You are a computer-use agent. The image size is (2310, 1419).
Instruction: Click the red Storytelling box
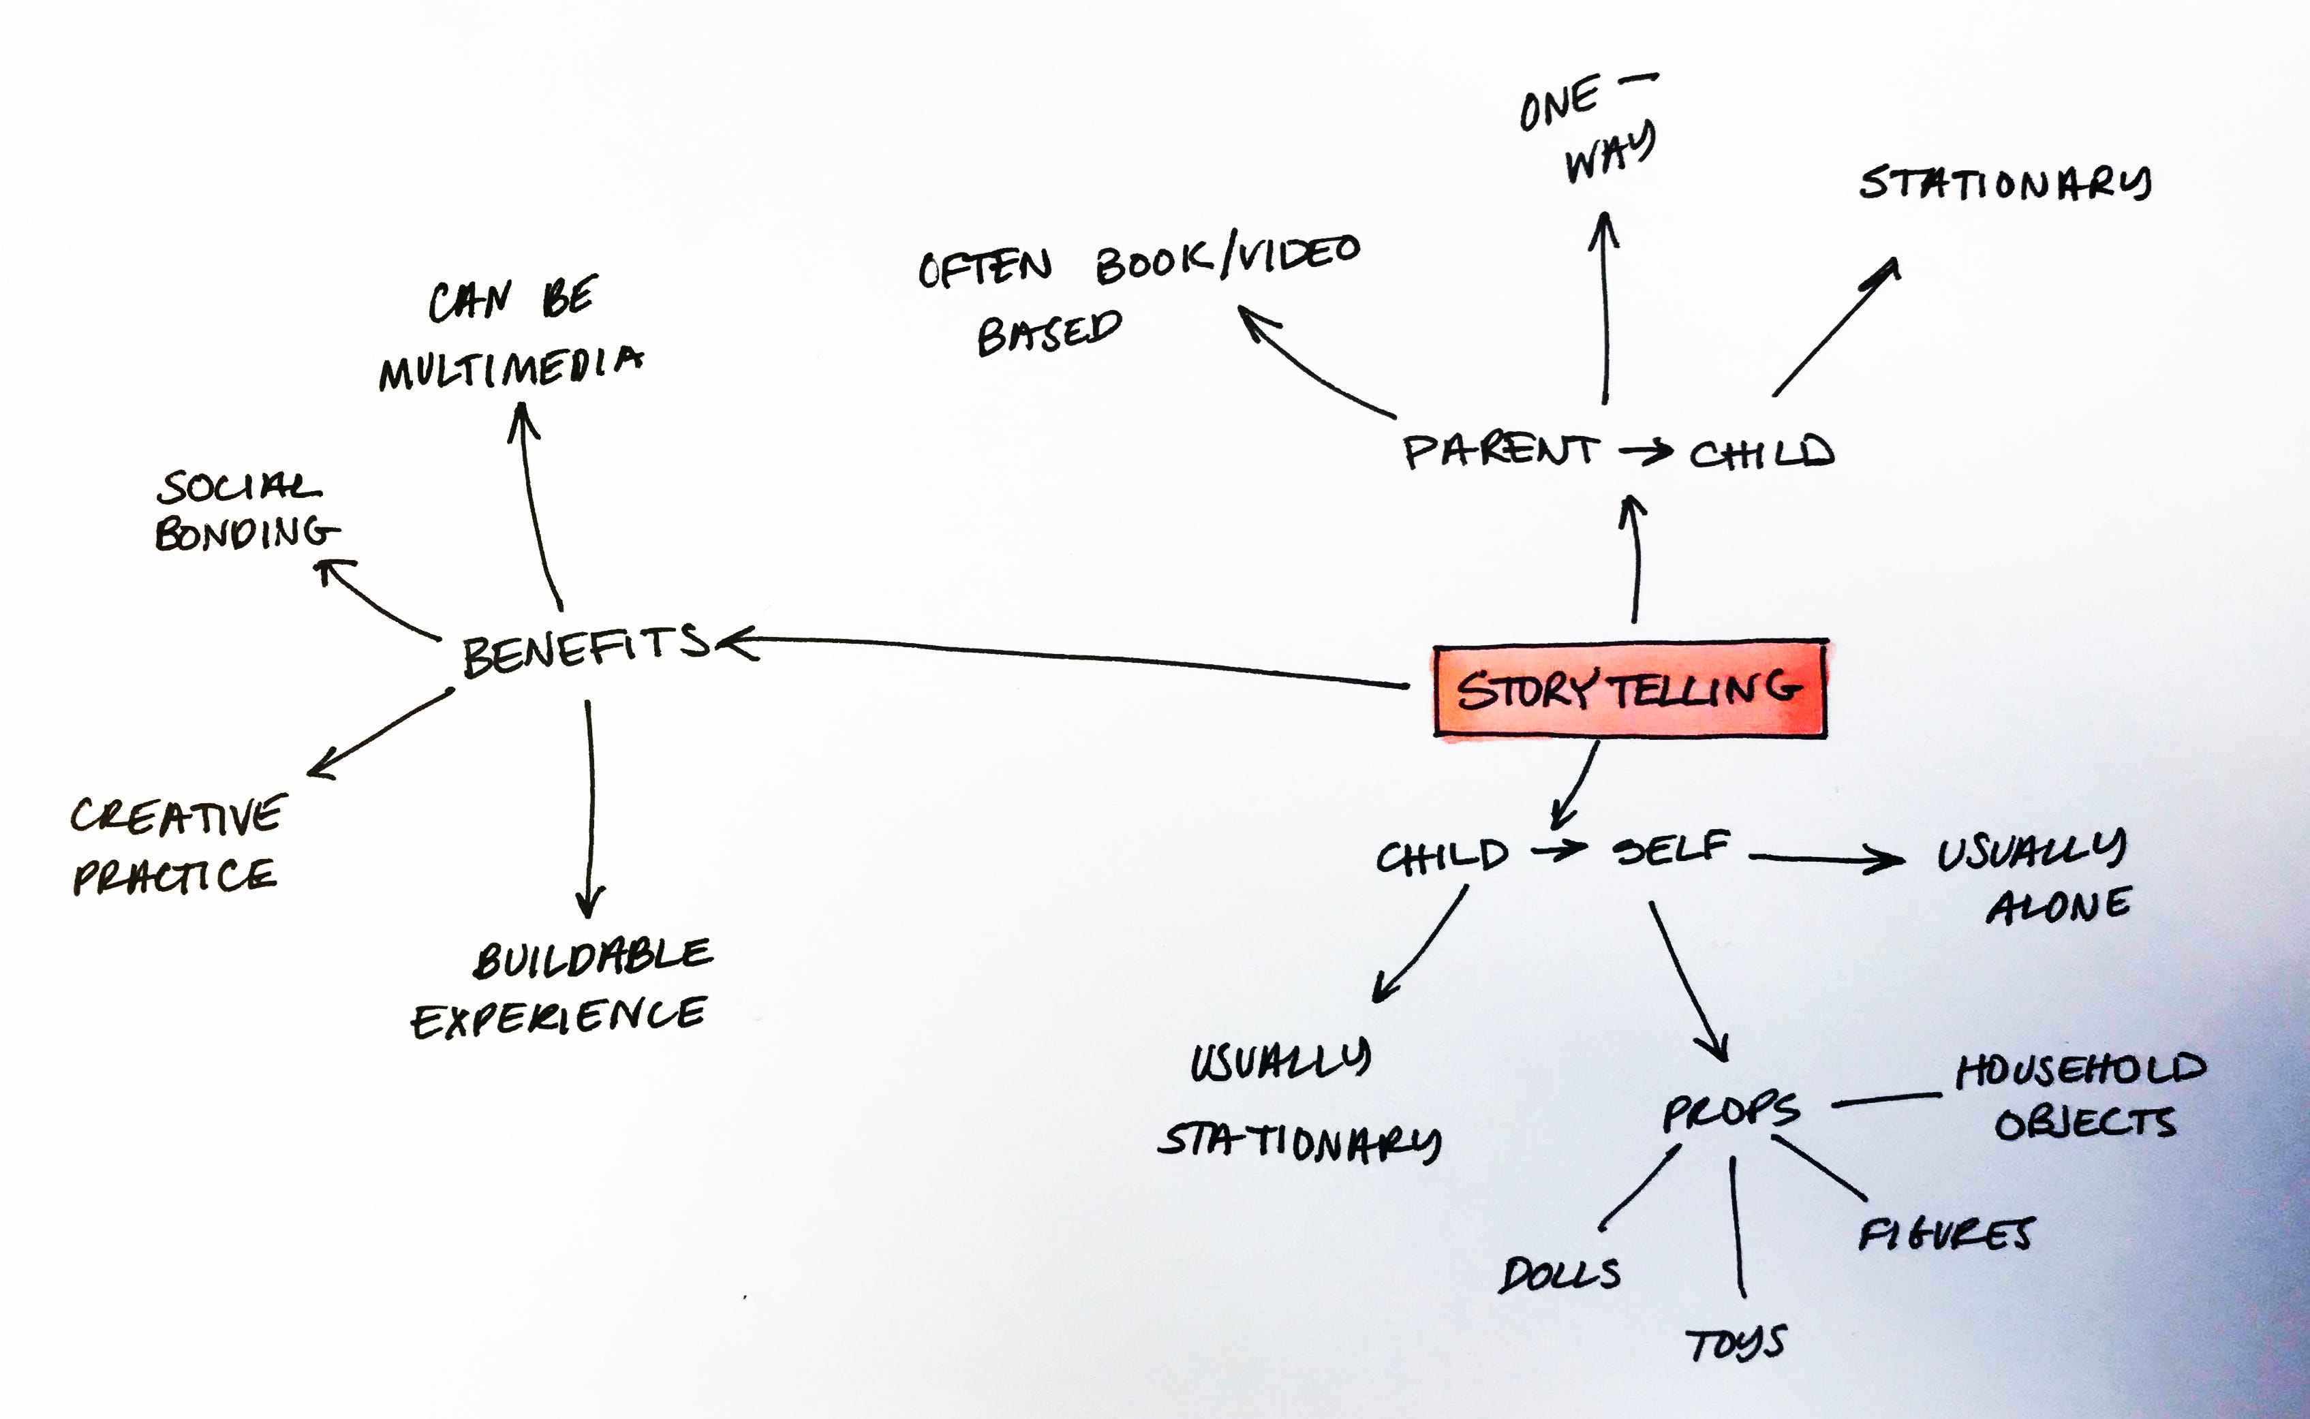tap(1629, 690)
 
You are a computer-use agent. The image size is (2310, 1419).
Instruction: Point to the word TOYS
tap(1735, 1344)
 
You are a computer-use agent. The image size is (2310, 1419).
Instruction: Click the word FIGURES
tap(1946, 1235)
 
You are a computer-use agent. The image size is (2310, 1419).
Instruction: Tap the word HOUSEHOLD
tap(2080, 1071)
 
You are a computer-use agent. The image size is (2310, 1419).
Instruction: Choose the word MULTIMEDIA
tap(510, 368)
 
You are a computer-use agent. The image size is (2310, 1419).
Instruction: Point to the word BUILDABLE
tap(592, 957)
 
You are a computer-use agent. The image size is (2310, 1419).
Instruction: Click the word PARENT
tap(1499, 452)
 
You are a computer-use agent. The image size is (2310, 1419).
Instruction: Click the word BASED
tap(1049, 333)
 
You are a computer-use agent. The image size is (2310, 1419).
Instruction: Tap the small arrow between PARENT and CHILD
tap(1646, 452)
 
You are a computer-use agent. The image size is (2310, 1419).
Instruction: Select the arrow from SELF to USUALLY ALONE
tap(1826, 858)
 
